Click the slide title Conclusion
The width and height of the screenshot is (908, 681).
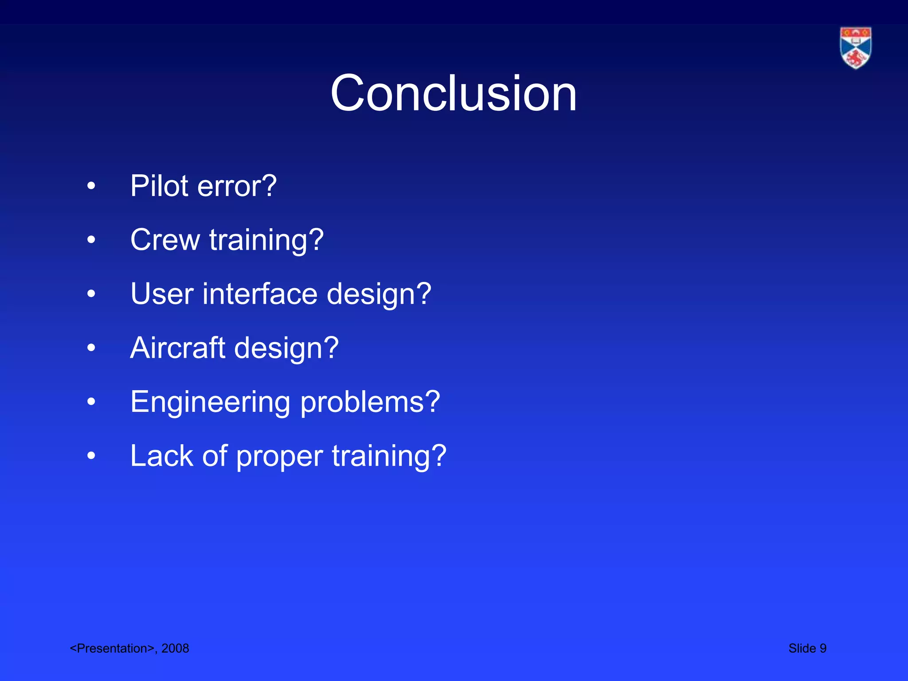[454, 93]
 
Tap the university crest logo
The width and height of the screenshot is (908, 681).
[855, 48]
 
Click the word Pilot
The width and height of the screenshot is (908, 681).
[160, 186]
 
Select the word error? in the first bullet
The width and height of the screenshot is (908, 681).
[237, 187]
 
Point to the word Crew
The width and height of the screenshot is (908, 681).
[165, 240]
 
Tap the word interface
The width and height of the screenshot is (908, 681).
[260, 294]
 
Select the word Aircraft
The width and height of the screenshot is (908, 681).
[178, 348]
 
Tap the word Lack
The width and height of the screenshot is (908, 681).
[162, 456]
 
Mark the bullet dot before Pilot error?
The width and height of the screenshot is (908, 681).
[91, 186]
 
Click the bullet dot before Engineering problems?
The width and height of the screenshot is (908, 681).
[91, 402]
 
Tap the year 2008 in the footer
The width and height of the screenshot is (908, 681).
[175, 648]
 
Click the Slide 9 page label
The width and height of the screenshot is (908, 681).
[807, 648]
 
